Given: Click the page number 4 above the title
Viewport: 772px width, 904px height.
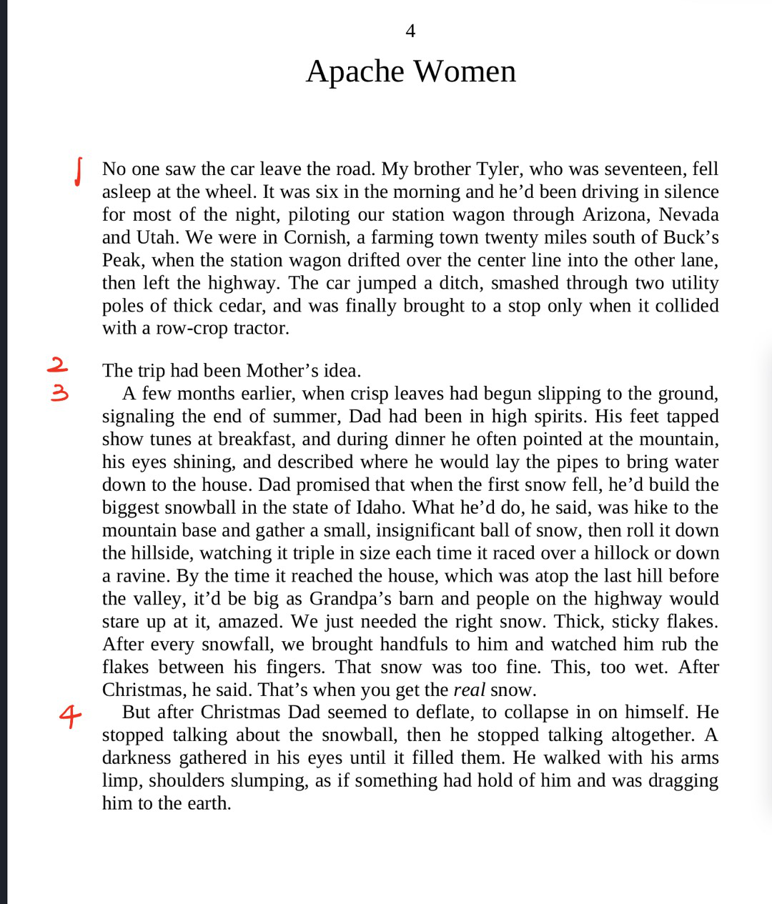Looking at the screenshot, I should (410, 31).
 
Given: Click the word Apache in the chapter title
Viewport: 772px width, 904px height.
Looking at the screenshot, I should (355, 71).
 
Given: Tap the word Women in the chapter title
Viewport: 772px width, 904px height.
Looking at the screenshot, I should (465, 71).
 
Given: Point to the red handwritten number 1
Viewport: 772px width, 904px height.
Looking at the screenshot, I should (79, 172).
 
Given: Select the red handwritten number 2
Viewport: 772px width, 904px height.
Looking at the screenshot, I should (57, 365).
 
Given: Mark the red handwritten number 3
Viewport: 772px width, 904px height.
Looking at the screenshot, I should (59, 392).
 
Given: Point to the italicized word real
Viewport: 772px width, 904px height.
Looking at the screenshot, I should (469, 690).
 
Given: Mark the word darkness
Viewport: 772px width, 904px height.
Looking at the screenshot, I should (137, 758).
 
